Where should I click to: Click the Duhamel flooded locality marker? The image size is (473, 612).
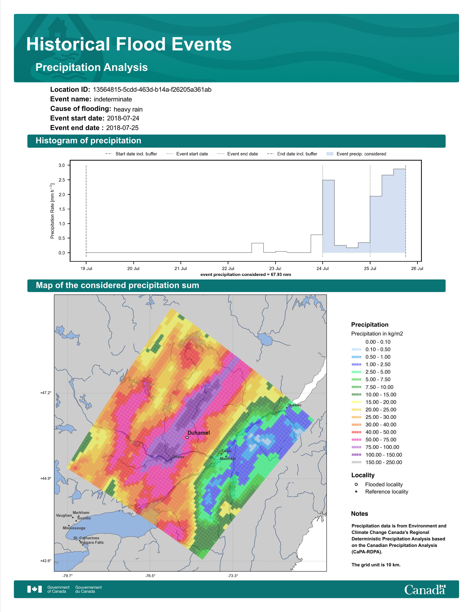[x=187, y=437]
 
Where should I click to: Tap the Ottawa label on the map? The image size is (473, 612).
[x=178, y=457]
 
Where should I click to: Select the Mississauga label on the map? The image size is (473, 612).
[x=74, y=528]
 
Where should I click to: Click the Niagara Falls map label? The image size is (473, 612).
[x=92, y=542]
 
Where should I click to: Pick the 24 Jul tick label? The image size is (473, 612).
[x=323, y=269]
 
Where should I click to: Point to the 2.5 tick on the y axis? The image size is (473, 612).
[x=62, y=180]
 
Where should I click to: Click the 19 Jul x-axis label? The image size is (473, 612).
[x=86, y=269]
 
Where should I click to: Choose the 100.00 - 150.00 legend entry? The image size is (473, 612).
[x=377, y=455]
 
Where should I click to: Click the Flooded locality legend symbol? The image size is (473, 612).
[x=356, y=484]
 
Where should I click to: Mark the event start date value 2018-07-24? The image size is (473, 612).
[x=123, y=118]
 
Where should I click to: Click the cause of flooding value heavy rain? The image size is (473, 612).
[x=128, y=109]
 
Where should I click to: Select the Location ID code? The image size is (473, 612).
[x=152, y=90]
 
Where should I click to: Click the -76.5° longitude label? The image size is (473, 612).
[x=150, y=576]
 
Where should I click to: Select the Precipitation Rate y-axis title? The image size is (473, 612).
[x=52, y=211]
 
